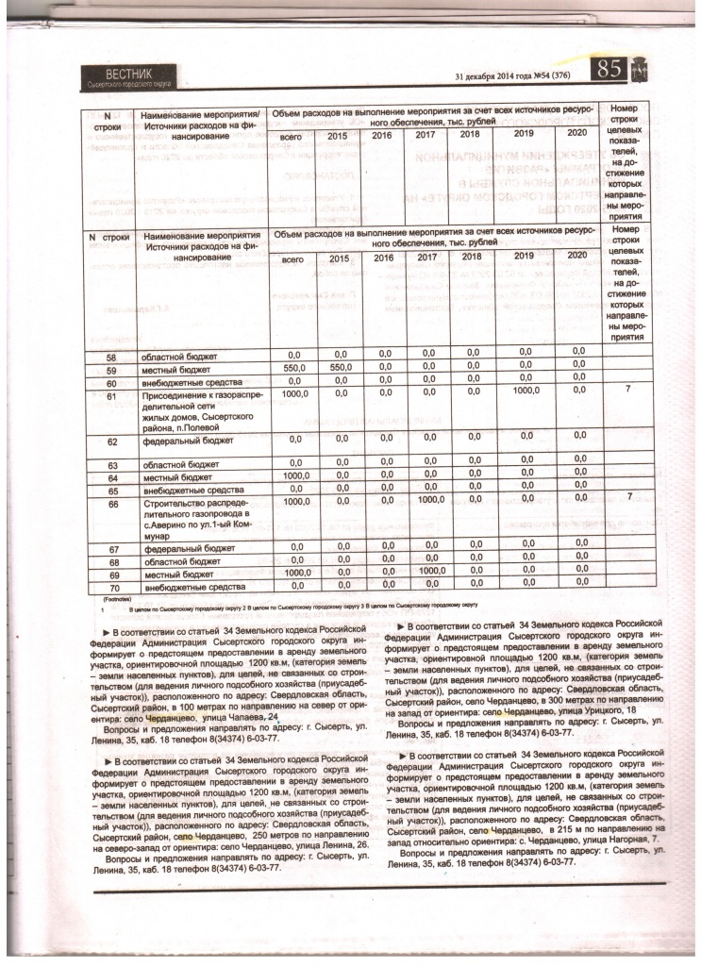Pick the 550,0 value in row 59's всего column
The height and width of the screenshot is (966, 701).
click(296, 371)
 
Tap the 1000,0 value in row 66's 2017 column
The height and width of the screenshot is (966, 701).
click(431, 500)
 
